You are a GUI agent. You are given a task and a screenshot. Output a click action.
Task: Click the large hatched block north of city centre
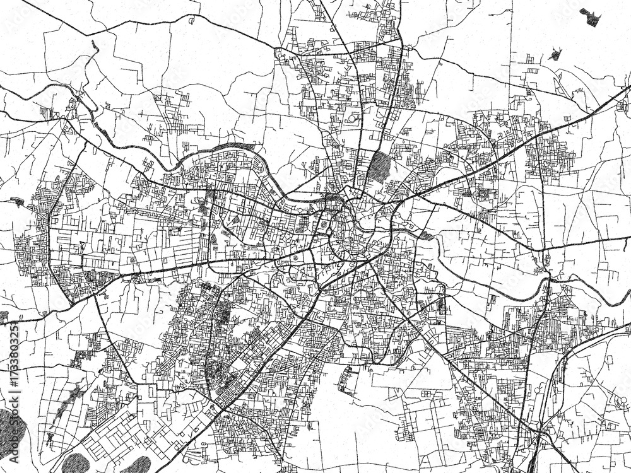click(379, 165)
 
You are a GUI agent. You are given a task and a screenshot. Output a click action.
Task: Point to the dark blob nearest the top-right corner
click(591, 18)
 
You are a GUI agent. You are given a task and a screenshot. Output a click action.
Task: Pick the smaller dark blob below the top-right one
click(555, 54)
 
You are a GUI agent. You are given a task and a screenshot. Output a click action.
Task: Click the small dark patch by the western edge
click(15, 202)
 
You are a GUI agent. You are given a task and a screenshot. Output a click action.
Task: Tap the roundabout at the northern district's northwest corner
click(278, 55)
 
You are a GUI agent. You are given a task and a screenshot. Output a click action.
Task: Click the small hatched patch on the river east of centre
click(426, 236)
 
